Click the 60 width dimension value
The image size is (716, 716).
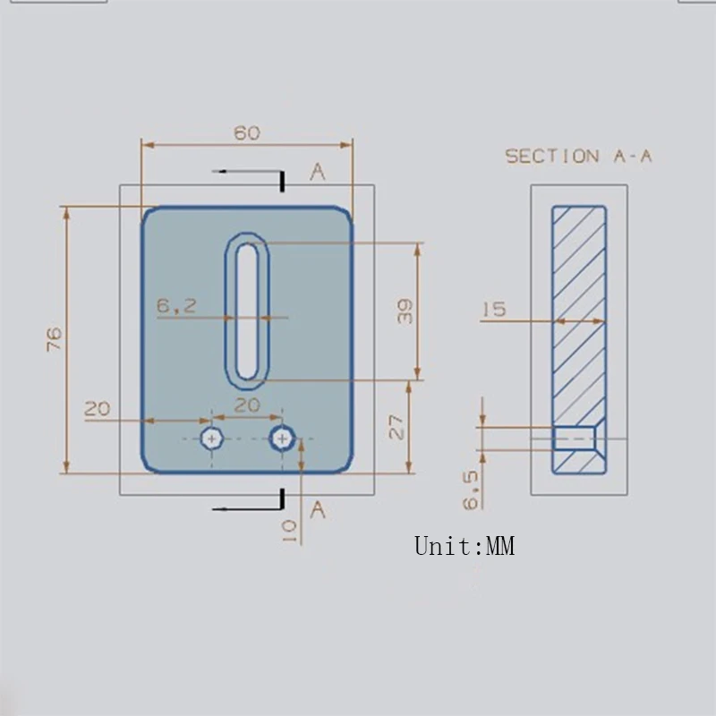(247, 132)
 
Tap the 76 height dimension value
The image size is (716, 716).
(54, 339)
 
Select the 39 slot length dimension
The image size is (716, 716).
(405, 311)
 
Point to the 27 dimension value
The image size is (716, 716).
(396, 427)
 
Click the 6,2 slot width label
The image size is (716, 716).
(176, 305)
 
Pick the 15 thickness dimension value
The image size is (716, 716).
(494, 309)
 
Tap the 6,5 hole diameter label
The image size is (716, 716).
(471, 490)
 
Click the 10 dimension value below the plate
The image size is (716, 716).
(288, 532)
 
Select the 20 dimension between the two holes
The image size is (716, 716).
(247, 405)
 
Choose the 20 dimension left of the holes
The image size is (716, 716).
(98, 408)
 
